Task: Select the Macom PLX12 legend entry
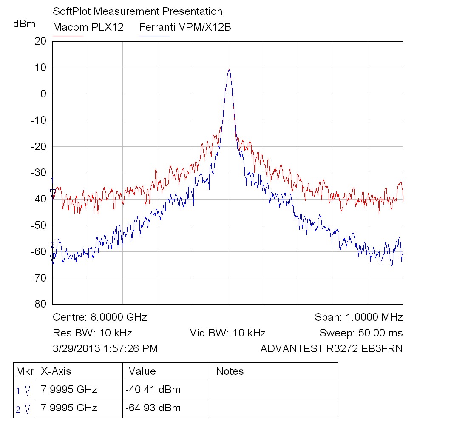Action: pos(88,27)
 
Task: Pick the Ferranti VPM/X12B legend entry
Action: pos(185,27)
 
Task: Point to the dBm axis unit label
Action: pos(24,24)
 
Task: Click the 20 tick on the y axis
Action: pos(40,41)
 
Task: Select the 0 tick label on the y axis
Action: pos(43,94)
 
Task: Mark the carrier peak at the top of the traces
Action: pos(229,71)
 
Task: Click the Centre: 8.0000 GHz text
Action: pos(100,317)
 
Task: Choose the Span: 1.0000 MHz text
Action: pos(358,317)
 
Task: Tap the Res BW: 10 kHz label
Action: pos(92,333)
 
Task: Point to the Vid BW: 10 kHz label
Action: pos(227,333)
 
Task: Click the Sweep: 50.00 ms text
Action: pos(361,333)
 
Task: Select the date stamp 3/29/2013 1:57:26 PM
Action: pos(105,349)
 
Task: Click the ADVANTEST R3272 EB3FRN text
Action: pos(331,349)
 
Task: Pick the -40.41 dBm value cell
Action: pos(153,389)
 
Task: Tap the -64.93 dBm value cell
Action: pos(153,408)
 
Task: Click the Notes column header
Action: pos(230,371)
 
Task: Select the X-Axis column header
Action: pos(56,371)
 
